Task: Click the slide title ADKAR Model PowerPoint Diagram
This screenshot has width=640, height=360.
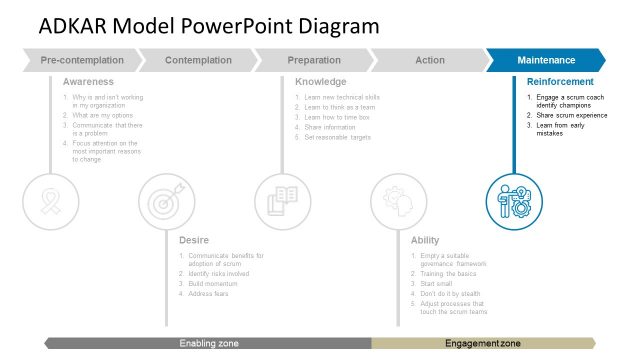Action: [x=209, y=26]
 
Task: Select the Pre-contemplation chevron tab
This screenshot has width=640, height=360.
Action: [x=83, y=61]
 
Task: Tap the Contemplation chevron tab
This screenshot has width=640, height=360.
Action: [x=198, y=61]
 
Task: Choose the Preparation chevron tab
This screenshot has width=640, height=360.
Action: [x=314, y=61]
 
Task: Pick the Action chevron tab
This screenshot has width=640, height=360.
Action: [x=430, y=61]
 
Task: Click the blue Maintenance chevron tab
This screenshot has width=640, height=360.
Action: [x=546, y=61]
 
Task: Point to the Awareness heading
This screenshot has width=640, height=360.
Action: [x=88, y=81]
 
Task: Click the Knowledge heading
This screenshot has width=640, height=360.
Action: [x=321, y=81]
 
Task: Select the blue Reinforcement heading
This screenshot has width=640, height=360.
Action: [x=560, y=81]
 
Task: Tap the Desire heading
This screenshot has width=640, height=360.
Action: [x=194, y=240]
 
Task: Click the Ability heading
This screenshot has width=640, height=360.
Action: [x=424, y=240]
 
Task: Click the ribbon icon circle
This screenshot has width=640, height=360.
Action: [x=49, y=201]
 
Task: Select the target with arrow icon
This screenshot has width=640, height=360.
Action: [x=165, y=201]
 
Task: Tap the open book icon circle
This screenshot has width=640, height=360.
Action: [x=282, y=201]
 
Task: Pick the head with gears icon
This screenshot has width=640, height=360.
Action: [x=398, y=201]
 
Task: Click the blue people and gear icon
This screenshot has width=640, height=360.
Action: [x=514, y=201]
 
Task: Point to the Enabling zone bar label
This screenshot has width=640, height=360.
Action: [x=209, y=343]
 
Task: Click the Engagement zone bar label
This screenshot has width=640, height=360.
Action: [x=483, y=343]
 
